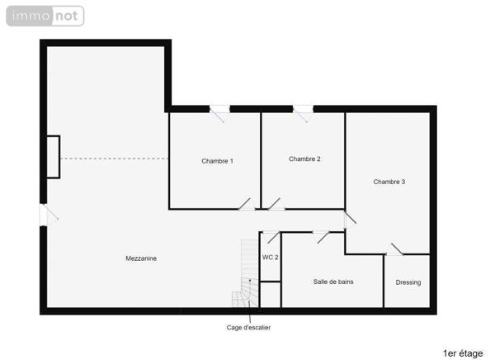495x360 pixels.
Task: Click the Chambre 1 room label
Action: click(x=217, y=161)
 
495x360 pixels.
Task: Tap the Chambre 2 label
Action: click(x=304, y=159)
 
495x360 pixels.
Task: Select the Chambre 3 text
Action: click(x=389, y=182)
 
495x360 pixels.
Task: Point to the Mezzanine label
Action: click(x=141, y=258)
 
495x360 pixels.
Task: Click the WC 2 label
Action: click(x=271, y=258)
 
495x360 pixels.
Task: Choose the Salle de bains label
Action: click(x=333, y=282)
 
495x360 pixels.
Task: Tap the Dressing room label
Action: click(x=408, y=282)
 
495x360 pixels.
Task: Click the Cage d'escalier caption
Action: click(x=248, y=328)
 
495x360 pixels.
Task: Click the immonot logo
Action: click(x=45, y=16)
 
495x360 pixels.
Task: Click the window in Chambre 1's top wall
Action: click(x=219, y=109)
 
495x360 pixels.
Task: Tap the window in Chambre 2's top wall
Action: click(x=303, y=109)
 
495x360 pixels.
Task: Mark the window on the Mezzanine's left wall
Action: click(x=44, y=214)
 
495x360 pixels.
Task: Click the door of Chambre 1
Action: click(x=246, y=205)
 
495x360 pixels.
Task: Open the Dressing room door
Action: click(x=395, y=249)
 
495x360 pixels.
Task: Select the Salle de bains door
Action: click(x=321, y=235)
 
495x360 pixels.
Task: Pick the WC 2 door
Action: click(x=270, y=237)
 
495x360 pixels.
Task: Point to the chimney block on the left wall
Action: click(x=53, y=156)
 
